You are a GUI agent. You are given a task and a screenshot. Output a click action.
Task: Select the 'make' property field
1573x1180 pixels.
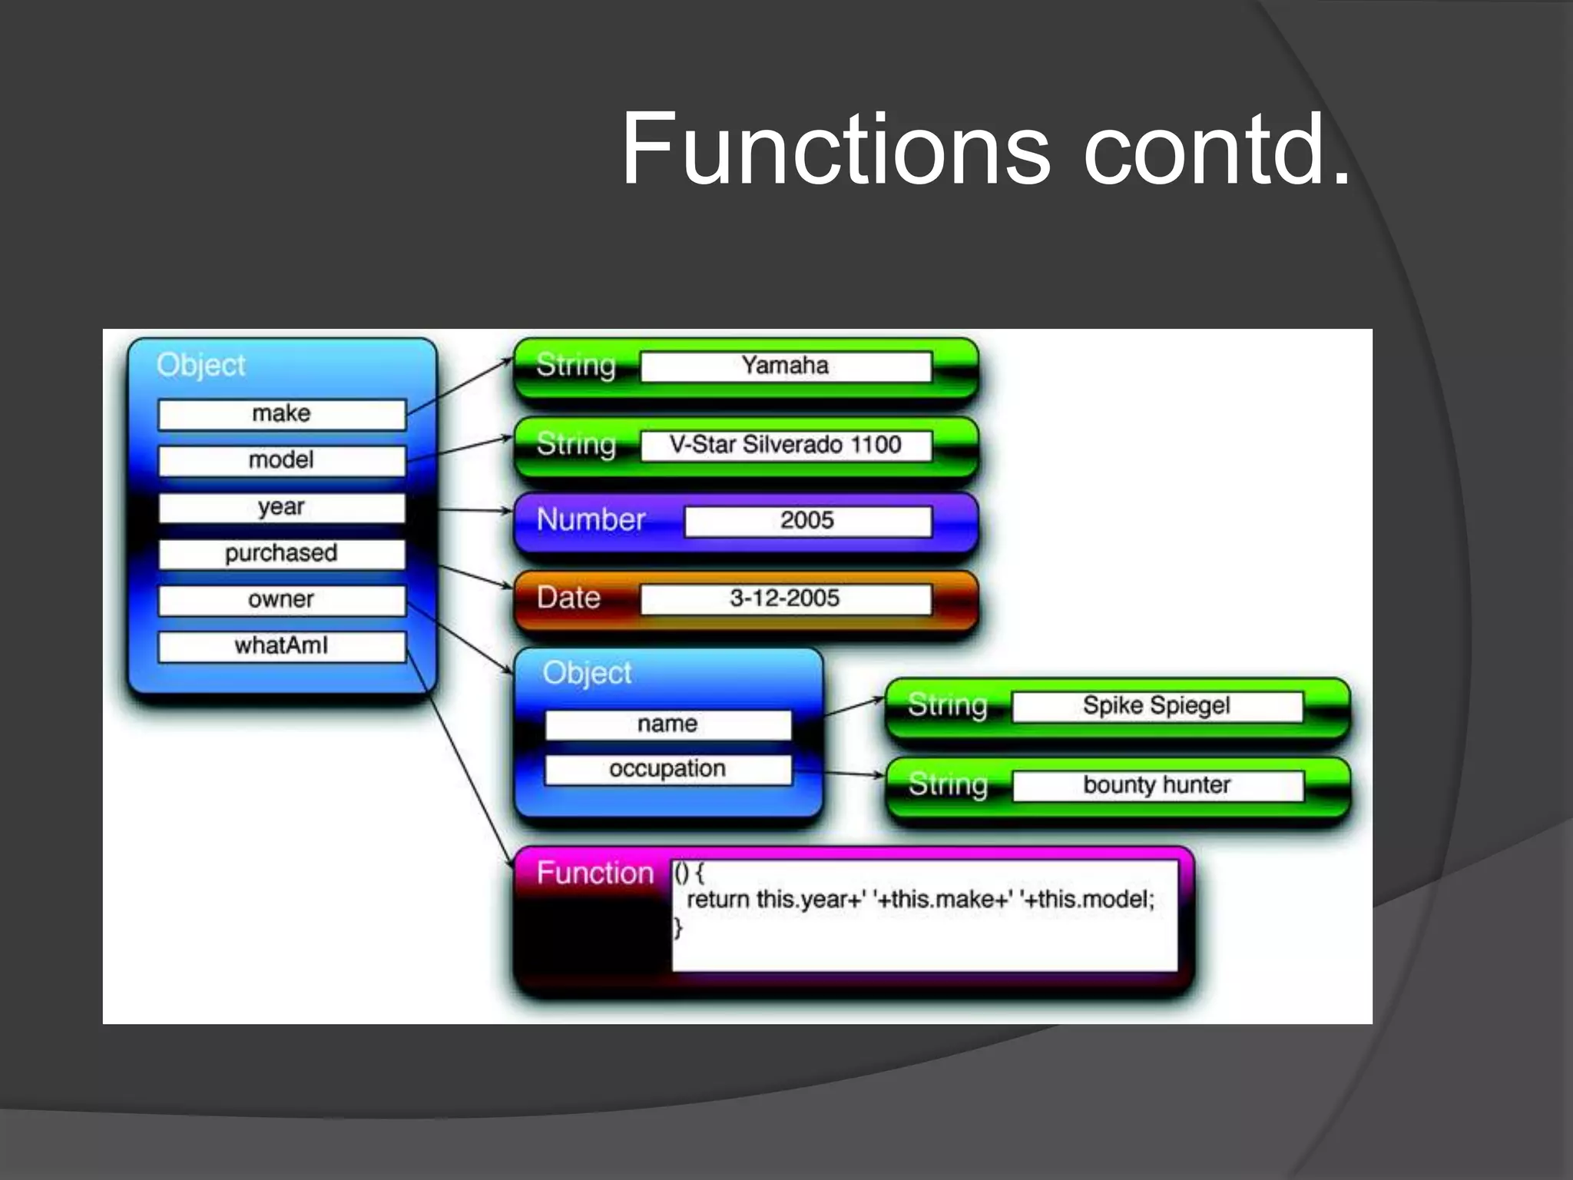coord(282,414)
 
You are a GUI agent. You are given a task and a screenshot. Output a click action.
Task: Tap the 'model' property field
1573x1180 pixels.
coord(282,461)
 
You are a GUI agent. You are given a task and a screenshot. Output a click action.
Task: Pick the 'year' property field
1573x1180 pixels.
coord(282,508)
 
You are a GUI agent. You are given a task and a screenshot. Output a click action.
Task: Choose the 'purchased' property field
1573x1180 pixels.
coord(282,554)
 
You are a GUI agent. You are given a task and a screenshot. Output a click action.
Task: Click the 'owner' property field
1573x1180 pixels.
coord(282,600)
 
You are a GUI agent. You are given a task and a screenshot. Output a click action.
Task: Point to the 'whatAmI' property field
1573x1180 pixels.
coord(282,646)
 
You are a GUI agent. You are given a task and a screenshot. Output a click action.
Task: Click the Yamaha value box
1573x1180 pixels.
coord(786,366)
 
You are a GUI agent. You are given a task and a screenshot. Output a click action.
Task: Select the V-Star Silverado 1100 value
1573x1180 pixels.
coord(786,445)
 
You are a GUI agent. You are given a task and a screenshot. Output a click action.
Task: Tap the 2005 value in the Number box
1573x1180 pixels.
coord(807,521)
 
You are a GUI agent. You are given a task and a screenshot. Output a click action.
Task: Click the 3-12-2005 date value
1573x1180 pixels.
coord(786,598)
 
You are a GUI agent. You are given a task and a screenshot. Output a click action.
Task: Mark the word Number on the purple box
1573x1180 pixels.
coord(591,520)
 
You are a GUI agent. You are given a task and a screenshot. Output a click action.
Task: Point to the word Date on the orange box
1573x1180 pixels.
coord(568,598)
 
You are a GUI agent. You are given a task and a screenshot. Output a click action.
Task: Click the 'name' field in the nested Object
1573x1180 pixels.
coord(667,724)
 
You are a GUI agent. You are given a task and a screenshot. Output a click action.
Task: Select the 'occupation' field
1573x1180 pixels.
coord(667,769)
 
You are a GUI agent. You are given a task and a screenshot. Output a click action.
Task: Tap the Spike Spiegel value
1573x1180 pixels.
coord(1157,706)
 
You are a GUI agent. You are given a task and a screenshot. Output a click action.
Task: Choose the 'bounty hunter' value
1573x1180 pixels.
coord(1157,785)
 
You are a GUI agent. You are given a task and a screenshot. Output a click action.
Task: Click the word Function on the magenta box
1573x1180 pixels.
coord(595,873)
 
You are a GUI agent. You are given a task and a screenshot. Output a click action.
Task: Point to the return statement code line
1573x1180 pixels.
coord(920,900)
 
